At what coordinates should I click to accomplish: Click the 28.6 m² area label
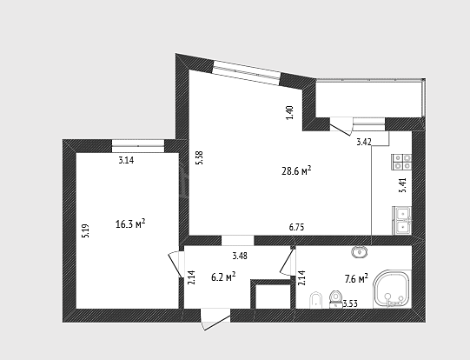296,170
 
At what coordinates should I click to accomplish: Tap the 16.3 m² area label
130,223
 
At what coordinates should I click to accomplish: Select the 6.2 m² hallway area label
223,277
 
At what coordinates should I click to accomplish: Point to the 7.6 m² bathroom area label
356,279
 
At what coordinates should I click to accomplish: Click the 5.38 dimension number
199,157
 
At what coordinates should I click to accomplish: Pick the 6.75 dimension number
296,228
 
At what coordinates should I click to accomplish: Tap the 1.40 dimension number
290,113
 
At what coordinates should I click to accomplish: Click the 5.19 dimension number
86,231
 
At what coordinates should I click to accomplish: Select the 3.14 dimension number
126,161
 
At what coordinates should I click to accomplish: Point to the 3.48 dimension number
240,256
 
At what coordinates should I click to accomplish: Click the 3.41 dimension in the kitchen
403,185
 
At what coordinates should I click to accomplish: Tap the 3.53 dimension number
350,303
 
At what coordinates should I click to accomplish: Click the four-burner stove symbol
402,162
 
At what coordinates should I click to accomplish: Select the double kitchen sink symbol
402,221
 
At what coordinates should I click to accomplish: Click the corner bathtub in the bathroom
392,290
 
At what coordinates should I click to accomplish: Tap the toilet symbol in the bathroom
335,299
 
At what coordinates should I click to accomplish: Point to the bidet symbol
315,300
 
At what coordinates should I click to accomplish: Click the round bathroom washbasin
359,251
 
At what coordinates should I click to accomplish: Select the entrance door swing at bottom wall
215,319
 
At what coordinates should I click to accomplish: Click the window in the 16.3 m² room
138,146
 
